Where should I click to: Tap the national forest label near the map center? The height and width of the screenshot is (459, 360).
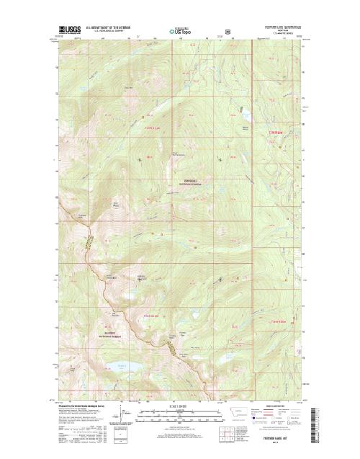tap(189, 182)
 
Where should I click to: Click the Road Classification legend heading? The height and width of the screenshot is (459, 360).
tap(279, 405)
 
